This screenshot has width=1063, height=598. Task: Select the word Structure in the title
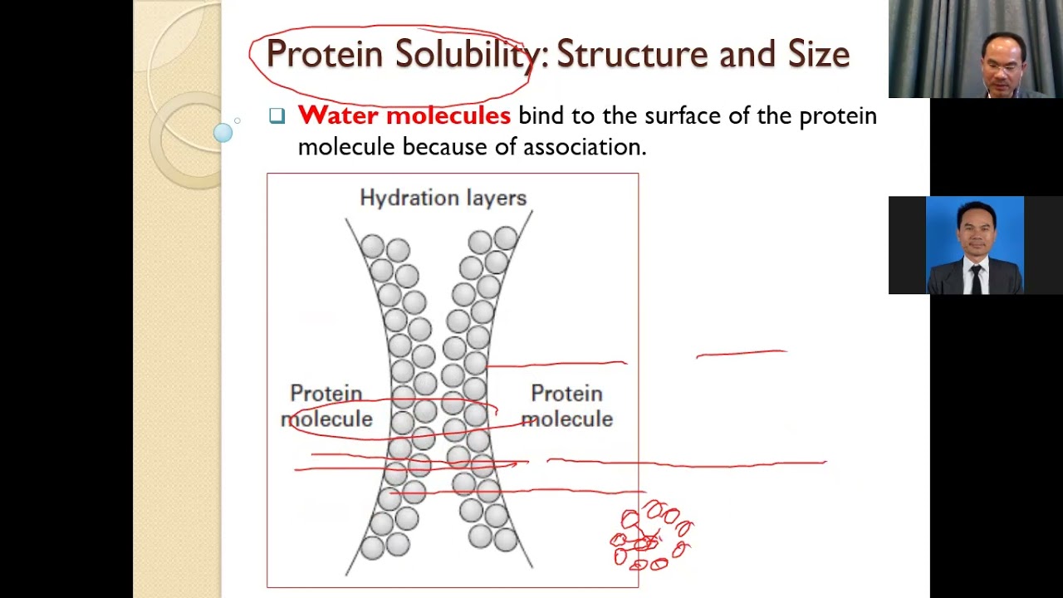pos(633,54)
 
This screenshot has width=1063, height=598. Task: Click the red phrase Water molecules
pos(404,115)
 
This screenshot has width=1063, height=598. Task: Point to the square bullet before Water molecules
pos(277,116)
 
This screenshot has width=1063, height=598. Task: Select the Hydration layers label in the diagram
pos(443,198)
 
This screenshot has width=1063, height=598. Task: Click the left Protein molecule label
pos(326,406)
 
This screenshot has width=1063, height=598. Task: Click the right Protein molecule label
pos(566,406)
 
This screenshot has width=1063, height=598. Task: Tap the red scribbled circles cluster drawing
pos(652,536)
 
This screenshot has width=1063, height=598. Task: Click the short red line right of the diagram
pos(741,354)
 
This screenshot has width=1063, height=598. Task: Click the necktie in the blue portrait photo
pos(975,278)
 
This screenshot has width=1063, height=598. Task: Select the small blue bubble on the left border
pos(223,133)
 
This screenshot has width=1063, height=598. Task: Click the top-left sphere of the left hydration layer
pos(372,246)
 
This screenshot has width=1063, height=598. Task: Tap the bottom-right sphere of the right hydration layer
pos(505,541)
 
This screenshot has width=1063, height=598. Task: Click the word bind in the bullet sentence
pos(540,115)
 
